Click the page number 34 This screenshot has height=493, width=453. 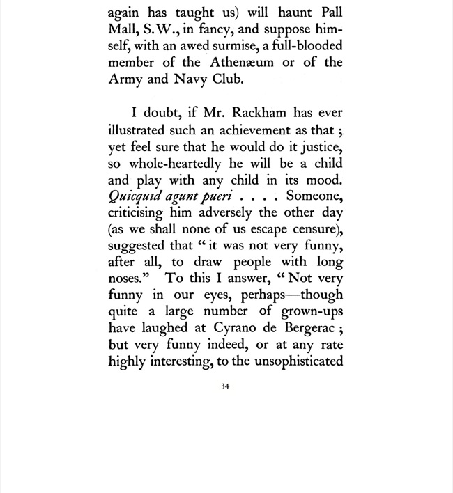(x=225, y=387)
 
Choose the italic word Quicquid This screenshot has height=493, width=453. (x=135, y=196)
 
